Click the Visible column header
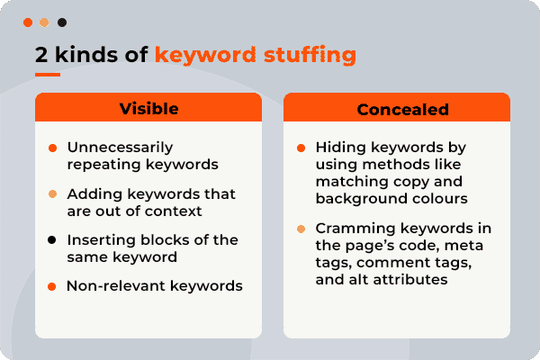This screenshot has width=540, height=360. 148,109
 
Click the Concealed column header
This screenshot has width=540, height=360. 397,109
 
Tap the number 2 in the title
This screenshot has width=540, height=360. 41,54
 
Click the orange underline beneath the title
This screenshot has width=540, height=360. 48,75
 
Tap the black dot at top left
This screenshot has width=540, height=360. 61,22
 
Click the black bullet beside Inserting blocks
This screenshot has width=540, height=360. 52,239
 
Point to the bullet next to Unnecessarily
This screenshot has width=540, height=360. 52,148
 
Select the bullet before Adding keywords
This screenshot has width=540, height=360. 52,193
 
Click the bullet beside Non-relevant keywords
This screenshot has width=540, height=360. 52,286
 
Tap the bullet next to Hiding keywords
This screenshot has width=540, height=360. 301,148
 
